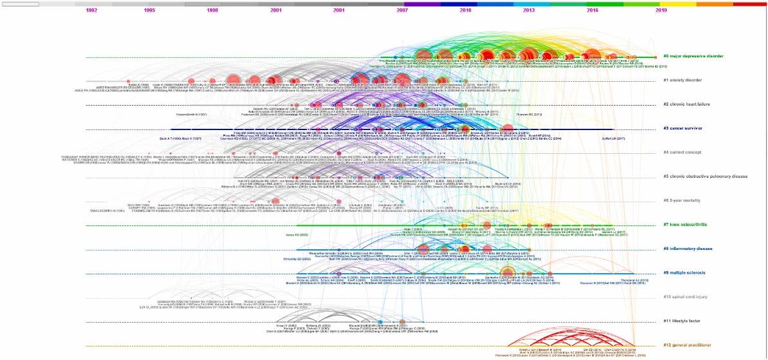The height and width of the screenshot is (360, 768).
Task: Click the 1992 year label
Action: pyautogui.click(x=91, y=10)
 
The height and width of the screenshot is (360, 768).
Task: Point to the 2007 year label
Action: pyautogui.click(x=402, y=10)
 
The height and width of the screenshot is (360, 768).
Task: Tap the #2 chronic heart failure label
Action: pyautogui.click(x=687, y=104)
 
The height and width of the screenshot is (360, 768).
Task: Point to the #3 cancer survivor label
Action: pyautogui.click(x=684, y=128)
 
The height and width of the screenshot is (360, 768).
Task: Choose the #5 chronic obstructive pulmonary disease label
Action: pyautogui.click(x=706, y=176)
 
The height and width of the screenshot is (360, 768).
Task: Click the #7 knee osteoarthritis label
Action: pyautogui.click(x=686, y=225)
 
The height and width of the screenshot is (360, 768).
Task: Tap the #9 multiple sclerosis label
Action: pyautogui.click(x=686, y=273)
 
